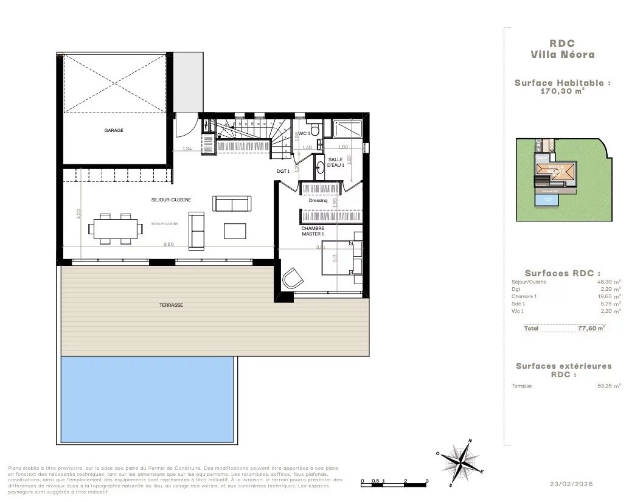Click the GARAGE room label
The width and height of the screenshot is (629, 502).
pos(114,130)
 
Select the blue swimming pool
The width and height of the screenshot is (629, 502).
pos(147,399)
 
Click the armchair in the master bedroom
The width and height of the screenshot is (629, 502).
pos(293,278)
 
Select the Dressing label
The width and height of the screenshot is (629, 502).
pos(318,200)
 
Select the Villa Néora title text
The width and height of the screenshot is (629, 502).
pos(563,54)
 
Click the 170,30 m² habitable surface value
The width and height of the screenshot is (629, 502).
pos(563,91)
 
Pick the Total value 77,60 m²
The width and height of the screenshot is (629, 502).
pos(591,328)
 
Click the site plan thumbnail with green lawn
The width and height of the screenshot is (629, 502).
pos(563,180)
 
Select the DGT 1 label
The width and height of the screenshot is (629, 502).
pos(283,172)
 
